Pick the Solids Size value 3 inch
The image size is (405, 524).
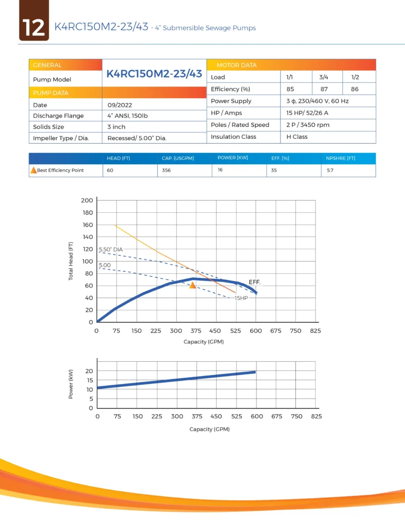116,127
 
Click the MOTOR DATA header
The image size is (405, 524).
237,65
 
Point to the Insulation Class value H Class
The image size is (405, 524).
297,137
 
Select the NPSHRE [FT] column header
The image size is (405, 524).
340,158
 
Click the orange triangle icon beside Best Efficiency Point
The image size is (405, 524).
34,170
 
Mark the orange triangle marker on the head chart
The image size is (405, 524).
193,285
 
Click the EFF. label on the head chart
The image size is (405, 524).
254,282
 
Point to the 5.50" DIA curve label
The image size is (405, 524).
111,249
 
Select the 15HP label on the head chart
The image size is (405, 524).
241,297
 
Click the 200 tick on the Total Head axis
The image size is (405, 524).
87,200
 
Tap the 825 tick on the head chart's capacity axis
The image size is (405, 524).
315,331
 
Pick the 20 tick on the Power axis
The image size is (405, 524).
89,371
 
